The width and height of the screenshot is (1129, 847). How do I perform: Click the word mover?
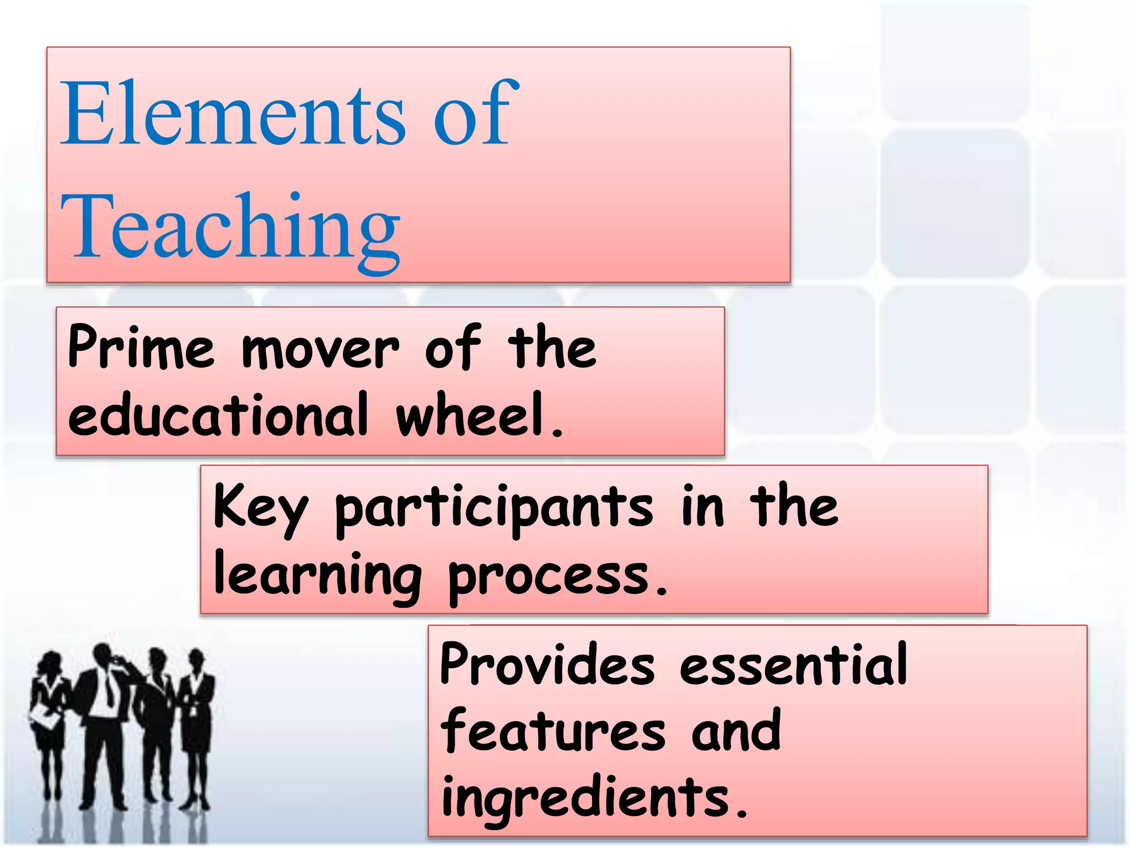click(320, 351)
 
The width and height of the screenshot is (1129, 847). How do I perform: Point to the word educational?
click(218, 415)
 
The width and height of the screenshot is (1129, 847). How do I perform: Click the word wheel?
click(474, 415)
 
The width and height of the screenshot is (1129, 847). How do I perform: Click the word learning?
click(317, 576)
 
